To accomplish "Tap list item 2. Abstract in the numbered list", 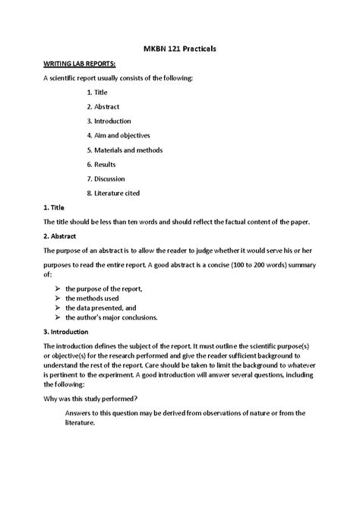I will [x=103, y=107].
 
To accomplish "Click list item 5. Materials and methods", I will [x=125, y=150].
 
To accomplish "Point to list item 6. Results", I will [x=100, y=164].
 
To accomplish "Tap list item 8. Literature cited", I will [x=113, y=193].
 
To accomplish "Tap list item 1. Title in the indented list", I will [x=97, y=93].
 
